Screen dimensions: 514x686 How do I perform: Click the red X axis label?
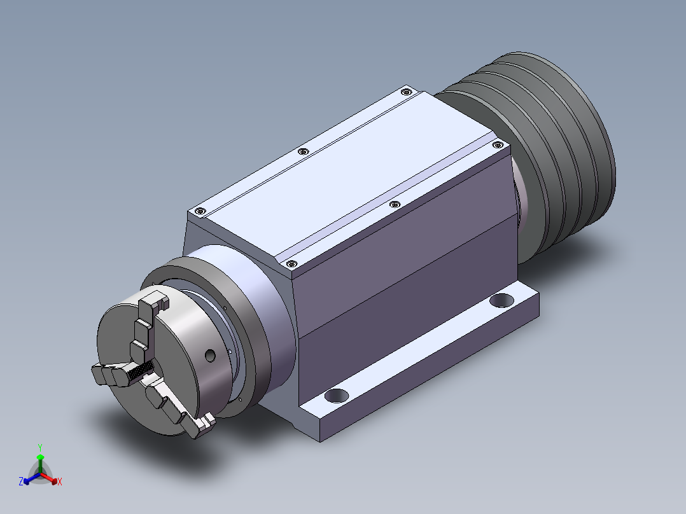pyautogui.click(x=60, y=482)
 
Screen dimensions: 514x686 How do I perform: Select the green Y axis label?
pyautogui.click(x=40, y=447)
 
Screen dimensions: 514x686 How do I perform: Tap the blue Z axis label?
pyautogui.click(x=21, y=482)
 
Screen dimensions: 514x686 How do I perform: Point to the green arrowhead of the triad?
pyautogui.click(x=40, y=457)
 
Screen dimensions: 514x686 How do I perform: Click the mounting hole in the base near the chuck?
pyautogui.click(x=337, y=395)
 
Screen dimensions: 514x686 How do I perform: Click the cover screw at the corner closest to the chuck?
pyautogui.click(x=291, y=263)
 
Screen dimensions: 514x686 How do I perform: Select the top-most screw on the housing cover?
pyautogui.click(x=405, y=92)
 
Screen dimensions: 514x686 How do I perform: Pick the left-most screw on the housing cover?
pyautogui.click(x=200, y=211)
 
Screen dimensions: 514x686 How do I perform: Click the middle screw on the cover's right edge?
pyautogui.click(x=394, y=204)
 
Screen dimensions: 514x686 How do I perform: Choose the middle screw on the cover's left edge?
pyautogui.click(x=303, y=151)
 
